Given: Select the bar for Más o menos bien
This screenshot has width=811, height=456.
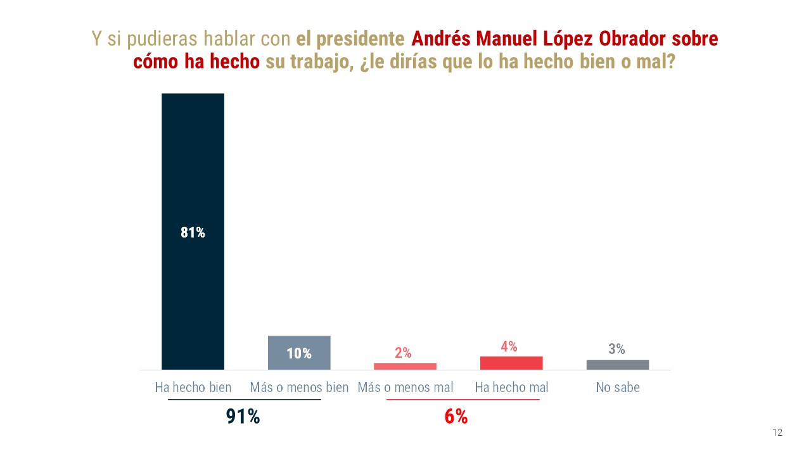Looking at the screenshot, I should coord(299,353).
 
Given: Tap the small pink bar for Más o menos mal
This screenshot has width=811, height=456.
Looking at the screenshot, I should coord(405,366).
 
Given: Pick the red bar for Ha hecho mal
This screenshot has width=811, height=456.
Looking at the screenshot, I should coord(511,363).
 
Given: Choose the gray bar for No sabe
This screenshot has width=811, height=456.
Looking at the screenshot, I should coord(618,365).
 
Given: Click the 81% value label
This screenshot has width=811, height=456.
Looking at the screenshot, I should coord(193,232).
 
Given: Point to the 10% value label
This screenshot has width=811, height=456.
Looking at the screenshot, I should coord(299,353).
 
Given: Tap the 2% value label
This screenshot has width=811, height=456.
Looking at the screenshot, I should coord(403,353).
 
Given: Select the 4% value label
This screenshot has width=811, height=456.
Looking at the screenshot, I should coord(509,346).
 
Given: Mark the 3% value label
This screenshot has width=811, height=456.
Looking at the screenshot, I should coord(616,349).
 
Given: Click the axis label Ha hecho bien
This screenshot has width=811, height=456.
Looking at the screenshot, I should coord(193,387).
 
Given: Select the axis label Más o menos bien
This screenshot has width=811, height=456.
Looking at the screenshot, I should coord(299,387).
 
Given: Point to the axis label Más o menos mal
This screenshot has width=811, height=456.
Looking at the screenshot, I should coord(405,387).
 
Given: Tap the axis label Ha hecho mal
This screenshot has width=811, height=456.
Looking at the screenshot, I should coord(511,387).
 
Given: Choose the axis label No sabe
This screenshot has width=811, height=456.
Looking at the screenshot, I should coord(618,387).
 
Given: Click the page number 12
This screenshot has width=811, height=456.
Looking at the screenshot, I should coord(777,433).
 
